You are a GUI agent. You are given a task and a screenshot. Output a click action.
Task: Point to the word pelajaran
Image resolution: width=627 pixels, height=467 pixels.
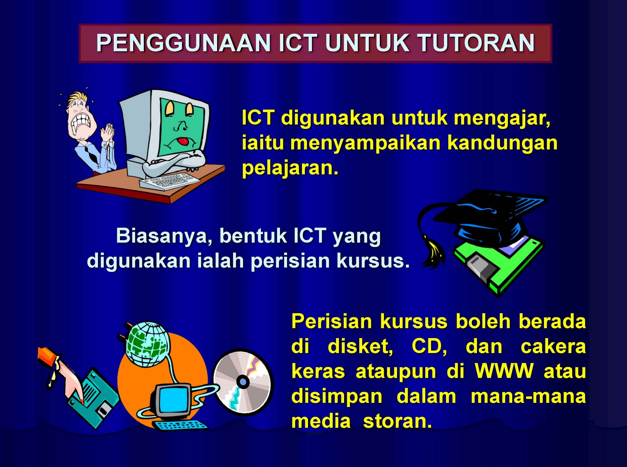290,168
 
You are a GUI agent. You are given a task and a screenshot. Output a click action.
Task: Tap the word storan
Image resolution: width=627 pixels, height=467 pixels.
397,421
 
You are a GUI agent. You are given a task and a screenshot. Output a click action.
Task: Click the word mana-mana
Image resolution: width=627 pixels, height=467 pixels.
528,396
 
